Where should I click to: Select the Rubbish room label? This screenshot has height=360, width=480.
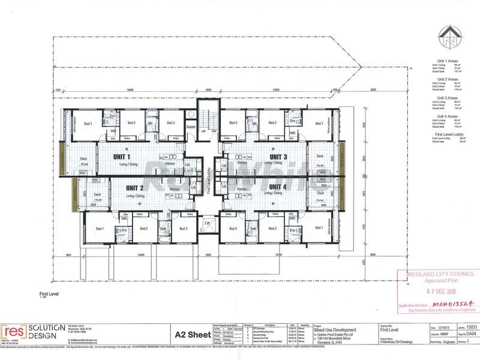tap(191, 126)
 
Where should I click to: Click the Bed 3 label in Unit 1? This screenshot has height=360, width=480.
tap(170, 123)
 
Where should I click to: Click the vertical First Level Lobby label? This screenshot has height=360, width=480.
tap(207, 180)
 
